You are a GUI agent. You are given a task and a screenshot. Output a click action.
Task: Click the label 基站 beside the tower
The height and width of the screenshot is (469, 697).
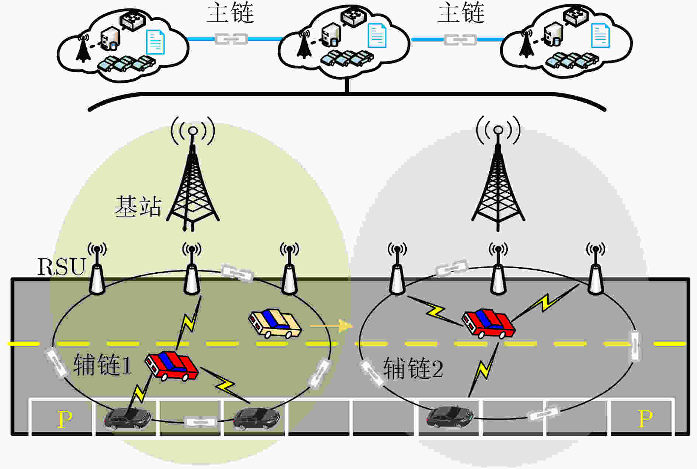(x=138, y=206)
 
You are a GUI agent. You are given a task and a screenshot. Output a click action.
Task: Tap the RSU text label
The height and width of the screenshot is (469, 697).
(x=62, y=267)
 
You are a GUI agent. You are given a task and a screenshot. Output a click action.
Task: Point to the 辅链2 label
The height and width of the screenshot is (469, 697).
(x=413, y=368)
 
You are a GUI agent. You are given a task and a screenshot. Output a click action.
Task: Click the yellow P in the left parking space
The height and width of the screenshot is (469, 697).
(x=65, y=419)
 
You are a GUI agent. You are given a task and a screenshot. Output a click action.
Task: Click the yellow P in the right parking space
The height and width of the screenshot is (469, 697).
(x=645, y=418)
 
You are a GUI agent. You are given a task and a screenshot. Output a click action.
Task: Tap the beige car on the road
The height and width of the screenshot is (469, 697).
(x=275, y=323)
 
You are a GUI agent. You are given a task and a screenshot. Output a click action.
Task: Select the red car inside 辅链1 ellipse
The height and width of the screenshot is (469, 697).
(x=171, y=365)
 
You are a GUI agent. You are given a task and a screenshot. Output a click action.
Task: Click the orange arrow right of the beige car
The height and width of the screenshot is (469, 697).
(x=331, y=325)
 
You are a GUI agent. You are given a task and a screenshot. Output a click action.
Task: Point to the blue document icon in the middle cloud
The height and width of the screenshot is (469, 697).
(x=377, y=35)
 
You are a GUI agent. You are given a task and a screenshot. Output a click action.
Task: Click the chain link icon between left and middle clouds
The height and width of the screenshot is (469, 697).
(x=231, y=39)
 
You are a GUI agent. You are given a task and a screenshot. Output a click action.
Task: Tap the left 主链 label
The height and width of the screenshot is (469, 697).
(x=230, y=13)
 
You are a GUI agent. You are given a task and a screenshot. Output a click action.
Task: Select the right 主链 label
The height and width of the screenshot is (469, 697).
(x=461, y=13)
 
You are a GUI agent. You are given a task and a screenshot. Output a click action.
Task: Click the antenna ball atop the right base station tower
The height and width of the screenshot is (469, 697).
(x=498, y=130)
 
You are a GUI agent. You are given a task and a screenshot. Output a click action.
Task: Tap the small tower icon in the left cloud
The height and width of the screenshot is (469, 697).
(x=83, y=48)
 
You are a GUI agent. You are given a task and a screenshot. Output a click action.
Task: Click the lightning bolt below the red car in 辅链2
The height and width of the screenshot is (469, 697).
(x=483, y=369)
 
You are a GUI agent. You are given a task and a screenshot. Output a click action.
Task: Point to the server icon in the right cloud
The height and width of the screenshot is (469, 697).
(x=553, y=36)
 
